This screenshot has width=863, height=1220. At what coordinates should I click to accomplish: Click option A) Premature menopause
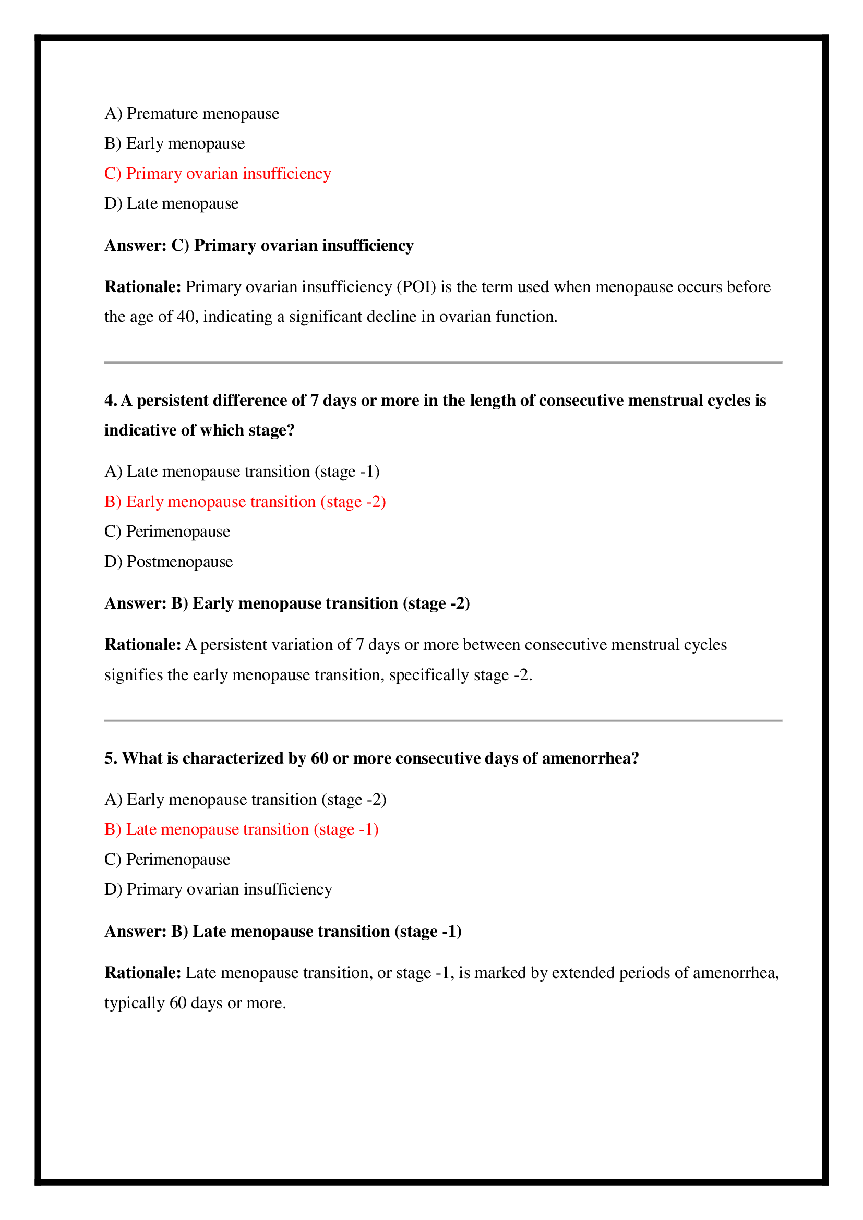pos(192,114)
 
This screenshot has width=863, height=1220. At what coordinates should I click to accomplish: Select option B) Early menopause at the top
pos(175,143)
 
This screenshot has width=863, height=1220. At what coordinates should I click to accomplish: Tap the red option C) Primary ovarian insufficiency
pos(218,174)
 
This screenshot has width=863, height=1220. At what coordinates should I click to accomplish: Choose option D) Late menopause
pos(172,203)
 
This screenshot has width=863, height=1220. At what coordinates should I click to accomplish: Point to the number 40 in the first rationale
pos(185,317)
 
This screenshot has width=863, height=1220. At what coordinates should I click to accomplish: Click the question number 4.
pos(110,401)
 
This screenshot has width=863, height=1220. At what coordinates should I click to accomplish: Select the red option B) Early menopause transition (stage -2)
pos(245,502)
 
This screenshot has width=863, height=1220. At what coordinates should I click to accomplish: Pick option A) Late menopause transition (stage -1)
pos(242,472)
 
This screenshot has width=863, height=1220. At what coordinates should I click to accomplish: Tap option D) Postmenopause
pos(169,562)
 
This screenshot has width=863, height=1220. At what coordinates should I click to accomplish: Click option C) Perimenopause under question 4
pos(167,532)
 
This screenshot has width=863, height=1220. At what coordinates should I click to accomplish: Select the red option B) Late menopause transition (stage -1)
pos(241,829)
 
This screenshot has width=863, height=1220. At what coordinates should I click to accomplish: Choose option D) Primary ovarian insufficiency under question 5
pos(219,889)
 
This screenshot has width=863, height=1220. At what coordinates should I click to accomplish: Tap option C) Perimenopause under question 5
pos(167,859)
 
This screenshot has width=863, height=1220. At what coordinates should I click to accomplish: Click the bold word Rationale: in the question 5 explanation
pos(143,973)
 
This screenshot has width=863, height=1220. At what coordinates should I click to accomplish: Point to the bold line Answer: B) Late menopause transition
pos(283,932)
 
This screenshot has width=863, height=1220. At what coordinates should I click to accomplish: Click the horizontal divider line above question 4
pos(442,363)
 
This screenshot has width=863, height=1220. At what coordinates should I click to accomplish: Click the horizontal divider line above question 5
pos(442,721)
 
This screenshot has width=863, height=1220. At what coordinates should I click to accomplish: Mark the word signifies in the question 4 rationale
pos(134,675)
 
